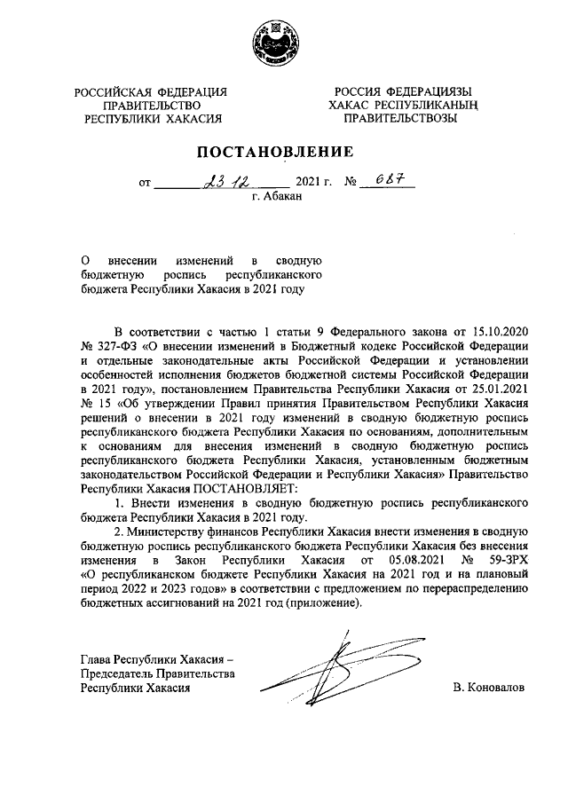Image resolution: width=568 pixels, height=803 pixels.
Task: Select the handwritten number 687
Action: point(385,180)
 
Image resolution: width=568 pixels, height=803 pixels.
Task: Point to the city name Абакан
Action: point(285,198)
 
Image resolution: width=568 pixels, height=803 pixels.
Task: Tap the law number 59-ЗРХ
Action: point(507,560)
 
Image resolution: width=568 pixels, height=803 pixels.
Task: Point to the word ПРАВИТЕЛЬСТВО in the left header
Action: point(151,105)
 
